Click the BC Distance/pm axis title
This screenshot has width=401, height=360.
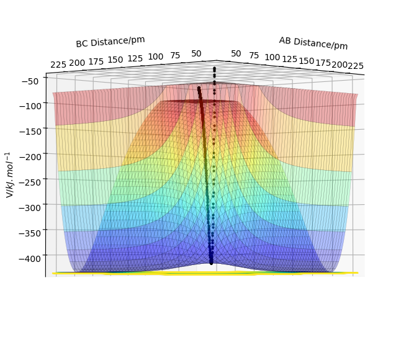click(110, 42)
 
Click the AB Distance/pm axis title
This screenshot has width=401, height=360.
click(313, 43)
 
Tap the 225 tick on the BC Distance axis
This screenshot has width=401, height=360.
click(59, 65)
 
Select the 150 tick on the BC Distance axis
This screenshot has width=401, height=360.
click(115, 60)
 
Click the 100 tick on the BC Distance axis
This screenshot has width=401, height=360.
click(156, 56)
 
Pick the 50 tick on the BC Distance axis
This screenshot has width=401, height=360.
click(196, 53)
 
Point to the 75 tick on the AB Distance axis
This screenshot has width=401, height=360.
click(253, 55)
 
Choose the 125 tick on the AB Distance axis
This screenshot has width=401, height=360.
click(289, 59)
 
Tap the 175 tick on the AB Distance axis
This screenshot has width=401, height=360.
click(323, 63)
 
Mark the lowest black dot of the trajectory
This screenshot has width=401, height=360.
click(211, 263)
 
